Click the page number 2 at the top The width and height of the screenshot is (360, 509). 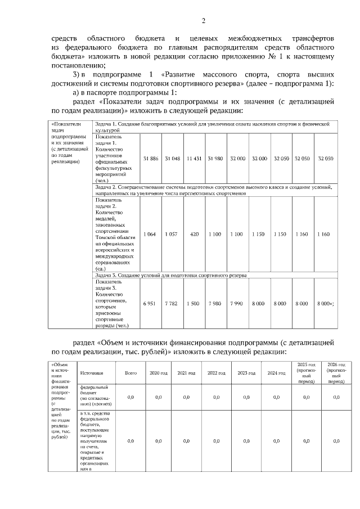point(203,21)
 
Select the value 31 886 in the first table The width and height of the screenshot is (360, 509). point(151,159)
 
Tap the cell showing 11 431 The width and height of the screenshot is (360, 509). point(194,159)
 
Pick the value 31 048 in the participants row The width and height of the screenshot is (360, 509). point(172,159)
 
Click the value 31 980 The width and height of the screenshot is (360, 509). point(215,159)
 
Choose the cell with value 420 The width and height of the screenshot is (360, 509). point(194,233)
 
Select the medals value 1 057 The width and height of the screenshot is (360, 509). point(172,233)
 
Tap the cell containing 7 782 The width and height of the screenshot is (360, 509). point(172,303)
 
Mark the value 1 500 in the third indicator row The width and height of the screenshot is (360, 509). point(193,303)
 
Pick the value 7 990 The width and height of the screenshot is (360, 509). point(236,303)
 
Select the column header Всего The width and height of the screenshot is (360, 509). point(130,373)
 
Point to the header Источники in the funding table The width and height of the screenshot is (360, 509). point(92,373)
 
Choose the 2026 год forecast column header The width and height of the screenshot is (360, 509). point(336,373)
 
